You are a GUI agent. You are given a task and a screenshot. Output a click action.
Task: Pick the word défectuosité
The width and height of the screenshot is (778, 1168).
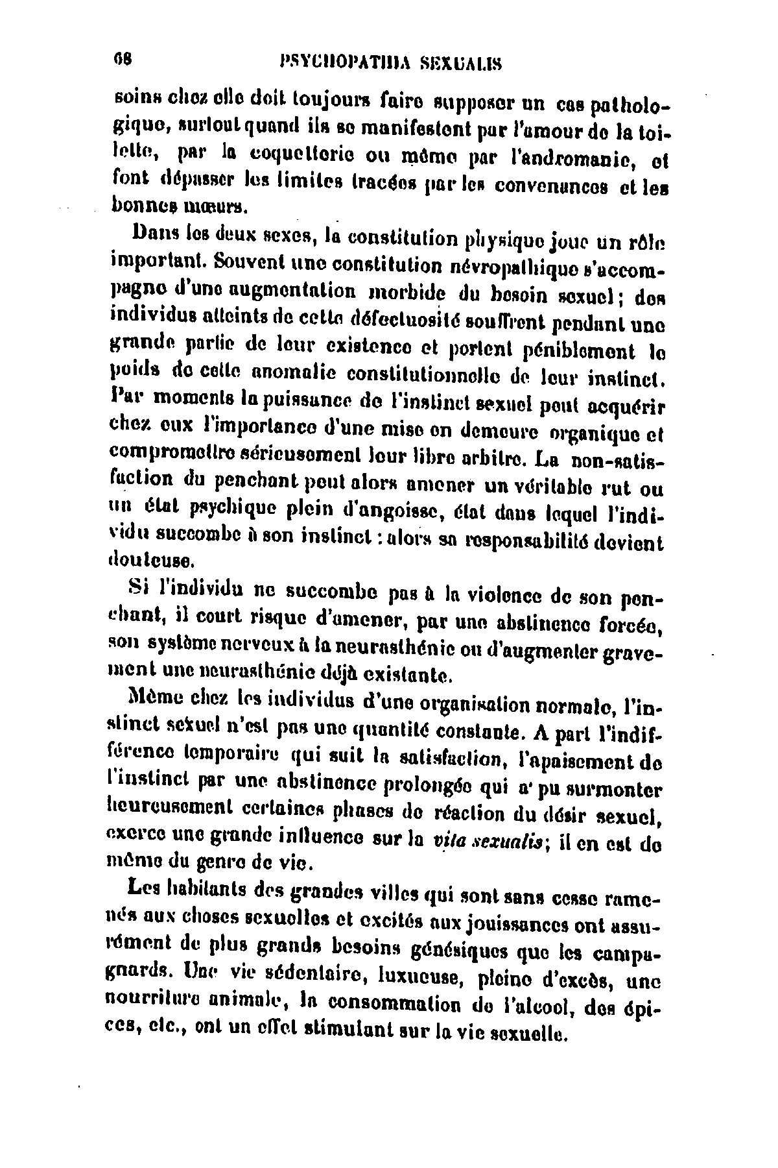[x=403, y=322]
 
